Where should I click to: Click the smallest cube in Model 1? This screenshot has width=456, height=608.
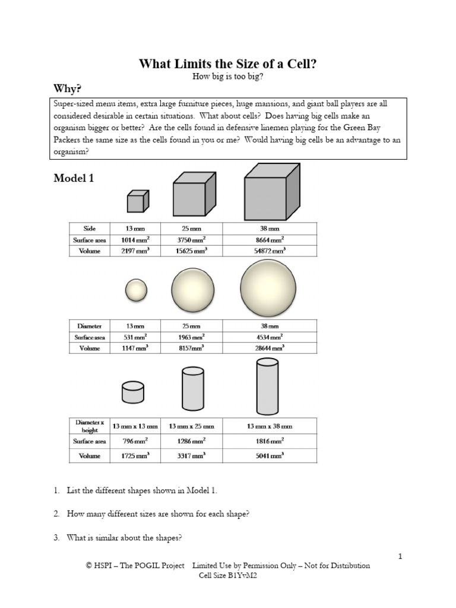(x=136, y=202)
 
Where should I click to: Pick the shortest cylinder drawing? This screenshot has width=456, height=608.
(x=133, y=392)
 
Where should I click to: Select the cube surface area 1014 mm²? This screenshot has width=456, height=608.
(x=135, y=240)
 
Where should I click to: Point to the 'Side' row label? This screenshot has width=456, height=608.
(x=85, y=228)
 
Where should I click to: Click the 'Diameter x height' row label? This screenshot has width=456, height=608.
(x=85, y=426)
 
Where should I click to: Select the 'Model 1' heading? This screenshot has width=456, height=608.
(x=74, y=178)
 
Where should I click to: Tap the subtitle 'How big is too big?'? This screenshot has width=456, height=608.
(x=227, y=77)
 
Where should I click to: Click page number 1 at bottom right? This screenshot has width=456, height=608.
(x=401, y=556)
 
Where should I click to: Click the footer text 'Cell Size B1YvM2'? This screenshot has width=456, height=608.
(x=227, y=575)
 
